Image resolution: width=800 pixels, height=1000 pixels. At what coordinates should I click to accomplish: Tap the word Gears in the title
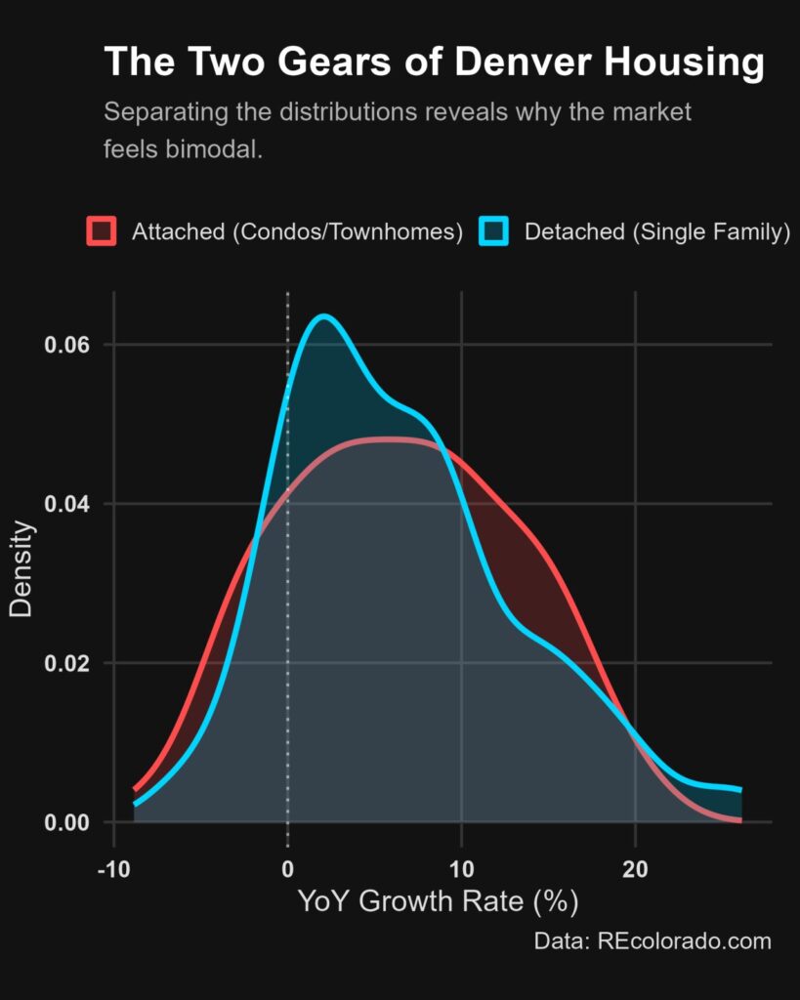pyautogui.click(x=334, y=63)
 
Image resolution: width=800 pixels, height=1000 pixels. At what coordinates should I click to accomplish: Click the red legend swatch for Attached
pyautogui.click(x=102, y=230)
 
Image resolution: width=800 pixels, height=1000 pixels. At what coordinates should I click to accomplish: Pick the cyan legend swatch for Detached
pyautogui.click(x=494, y=230)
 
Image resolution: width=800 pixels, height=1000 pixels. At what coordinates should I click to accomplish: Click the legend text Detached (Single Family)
pyautogui.click(x=657, y=231)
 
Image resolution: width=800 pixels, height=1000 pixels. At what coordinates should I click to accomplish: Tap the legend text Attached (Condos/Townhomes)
pyautogui.click(x=297, y=231)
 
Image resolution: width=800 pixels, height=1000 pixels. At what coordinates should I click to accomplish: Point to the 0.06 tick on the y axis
pyautogui.click(x=67, y=345)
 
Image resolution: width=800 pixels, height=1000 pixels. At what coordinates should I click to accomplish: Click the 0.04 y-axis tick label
pyautogui.click(x=67, y=504)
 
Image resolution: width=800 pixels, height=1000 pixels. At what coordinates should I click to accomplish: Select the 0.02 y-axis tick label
pyautogui.click(x=67, y=663)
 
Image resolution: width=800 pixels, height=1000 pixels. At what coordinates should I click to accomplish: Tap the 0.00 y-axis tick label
pyautogui.click(x=67, y=822)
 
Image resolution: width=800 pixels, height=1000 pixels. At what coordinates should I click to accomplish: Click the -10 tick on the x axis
pyautogui.click(x=113, y=868)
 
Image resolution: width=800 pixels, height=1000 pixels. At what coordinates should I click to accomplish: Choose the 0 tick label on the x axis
pyautogui.click(x=288, y=868)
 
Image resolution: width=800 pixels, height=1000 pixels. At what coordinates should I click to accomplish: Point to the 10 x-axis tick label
pyautogui.click(x=461, y=868)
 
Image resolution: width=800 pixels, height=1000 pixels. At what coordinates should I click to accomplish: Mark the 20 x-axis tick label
pyautogui.click(x=635, y=868)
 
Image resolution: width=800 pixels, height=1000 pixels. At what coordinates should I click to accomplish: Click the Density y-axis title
pyautogui.click(x=21, y=569)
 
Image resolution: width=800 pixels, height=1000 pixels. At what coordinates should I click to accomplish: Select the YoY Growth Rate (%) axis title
pyautogui.click(x=439, y=901)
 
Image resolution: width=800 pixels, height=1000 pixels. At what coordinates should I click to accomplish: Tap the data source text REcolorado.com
pyautogui.click(x=684, y=941)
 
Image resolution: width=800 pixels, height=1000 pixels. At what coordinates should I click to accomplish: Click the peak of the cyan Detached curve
pyautogui.click(x=324, y=315)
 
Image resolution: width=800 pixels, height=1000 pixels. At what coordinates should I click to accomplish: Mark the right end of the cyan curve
pyautogui.click(x=740, y=790)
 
